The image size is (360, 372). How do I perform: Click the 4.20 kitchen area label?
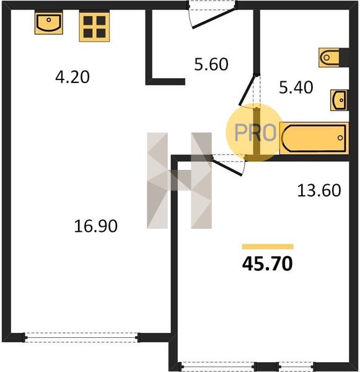coord(72,77)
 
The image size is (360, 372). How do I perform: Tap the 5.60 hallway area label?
coord(211,64)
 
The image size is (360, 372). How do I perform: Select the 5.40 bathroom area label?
coord(296,87)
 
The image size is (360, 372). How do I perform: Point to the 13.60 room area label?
coord(319,190)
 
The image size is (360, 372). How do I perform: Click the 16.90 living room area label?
coord(95,226)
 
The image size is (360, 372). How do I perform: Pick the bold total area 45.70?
coord(267,264)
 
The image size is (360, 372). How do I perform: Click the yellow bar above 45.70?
coord(268,247)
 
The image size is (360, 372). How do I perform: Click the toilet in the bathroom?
coord(329,58)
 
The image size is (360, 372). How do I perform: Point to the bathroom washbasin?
coord(339,100)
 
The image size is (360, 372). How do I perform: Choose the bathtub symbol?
coord(314,138)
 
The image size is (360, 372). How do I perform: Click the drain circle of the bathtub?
coord(340,138)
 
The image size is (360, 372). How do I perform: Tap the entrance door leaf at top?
coord(214,18)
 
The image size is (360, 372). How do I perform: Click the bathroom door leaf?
coord(248,90)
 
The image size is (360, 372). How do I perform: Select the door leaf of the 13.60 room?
coord(227,167)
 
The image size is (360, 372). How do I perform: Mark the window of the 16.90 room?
coord(81,337)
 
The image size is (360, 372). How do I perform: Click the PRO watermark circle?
coord(254,133)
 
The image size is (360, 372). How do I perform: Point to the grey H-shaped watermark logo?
coord(179,180)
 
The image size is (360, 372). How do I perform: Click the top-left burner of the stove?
coord(88,20)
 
